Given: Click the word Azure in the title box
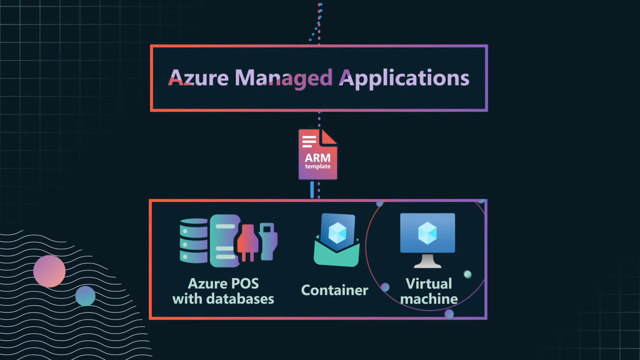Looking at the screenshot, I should [x=198, y=78].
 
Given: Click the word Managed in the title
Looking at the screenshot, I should [x=283, y=78].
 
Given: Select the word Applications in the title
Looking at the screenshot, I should [x=404, y=78].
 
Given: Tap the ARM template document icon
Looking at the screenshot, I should [x=317, y=155].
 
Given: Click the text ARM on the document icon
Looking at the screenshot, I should [x=317, y=158].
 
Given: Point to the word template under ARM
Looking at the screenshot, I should [x=317, y=167].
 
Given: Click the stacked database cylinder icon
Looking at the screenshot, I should [x=194, y=241].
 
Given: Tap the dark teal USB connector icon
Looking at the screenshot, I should [x=267, y=240].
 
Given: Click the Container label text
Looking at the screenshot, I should [x=335, y=290].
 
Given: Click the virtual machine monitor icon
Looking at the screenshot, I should [x=427, y=233].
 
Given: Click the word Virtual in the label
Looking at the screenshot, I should [x=429, y=284].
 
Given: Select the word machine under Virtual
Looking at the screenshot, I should [x=429, y=299].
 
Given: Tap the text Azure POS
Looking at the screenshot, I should [x=223, y=284].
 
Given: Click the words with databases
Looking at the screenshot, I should [x=223, y=299].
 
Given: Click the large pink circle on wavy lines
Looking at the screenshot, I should [x=49, y=271].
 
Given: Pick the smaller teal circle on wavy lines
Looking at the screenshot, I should [x=85, y=296].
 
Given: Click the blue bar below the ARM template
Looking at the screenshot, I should [x=312, y=190].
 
